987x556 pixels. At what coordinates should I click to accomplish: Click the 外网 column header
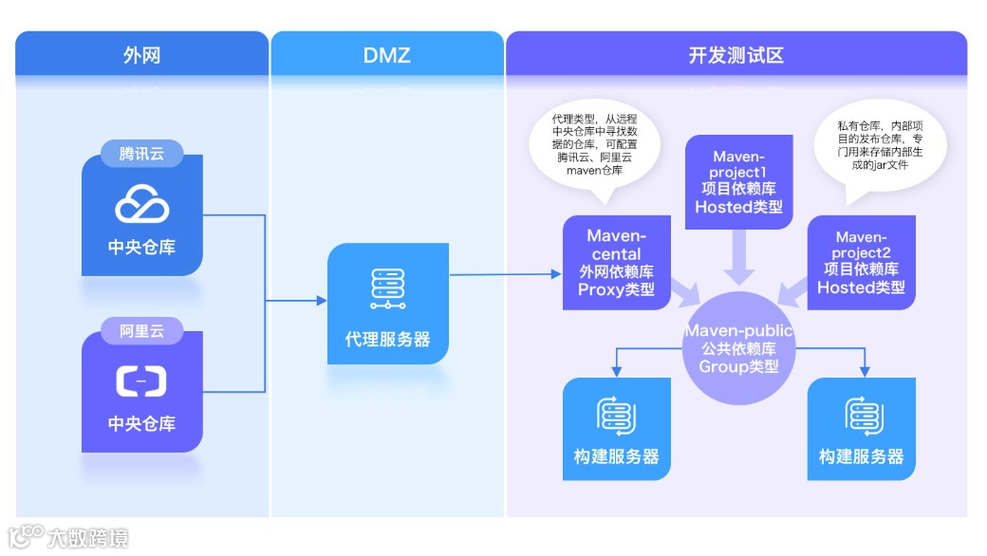click(141, 54)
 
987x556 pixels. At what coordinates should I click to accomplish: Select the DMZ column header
click(387, 54)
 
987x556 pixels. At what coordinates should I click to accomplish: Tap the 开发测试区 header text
click(736, 54)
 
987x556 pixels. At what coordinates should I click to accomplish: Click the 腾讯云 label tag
click(141, 154)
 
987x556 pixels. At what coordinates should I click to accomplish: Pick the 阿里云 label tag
click(141, 331)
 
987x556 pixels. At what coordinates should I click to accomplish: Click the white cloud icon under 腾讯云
click(141, 203)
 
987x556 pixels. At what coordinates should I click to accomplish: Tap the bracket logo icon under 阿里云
click(141, 381)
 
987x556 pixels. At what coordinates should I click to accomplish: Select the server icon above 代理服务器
click(387, 288)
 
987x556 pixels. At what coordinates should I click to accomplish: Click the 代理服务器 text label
click(387, 339)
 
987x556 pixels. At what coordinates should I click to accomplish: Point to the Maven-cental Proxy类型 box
click(616, 262)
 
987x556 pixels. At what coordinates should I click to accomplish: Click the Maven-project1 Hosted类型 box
click(738, 181)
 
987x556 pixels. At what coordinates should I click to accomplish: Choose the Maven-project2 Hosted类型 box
click(861, 262)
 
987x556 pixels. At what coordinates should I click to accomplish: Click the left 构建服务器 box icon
click(616, 415)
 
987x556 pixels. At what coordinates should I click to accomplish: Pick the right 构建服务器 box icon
click(861, 415)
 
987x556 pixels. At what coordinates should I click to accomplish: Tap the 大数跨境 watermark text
click(86, 538)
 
